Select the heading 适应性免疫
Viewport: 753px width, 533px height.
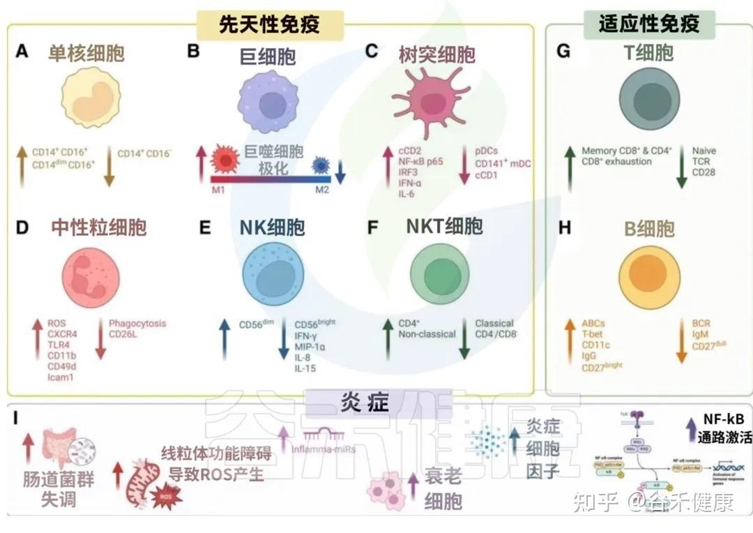648,24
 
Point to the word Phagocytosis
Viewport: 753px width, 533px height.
137,323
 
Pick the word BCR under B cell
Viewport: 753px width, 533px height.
701,323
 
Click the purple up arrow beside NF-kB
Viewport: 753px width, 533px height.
690,424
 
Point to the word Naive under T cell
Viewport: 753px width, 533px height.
703,151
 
